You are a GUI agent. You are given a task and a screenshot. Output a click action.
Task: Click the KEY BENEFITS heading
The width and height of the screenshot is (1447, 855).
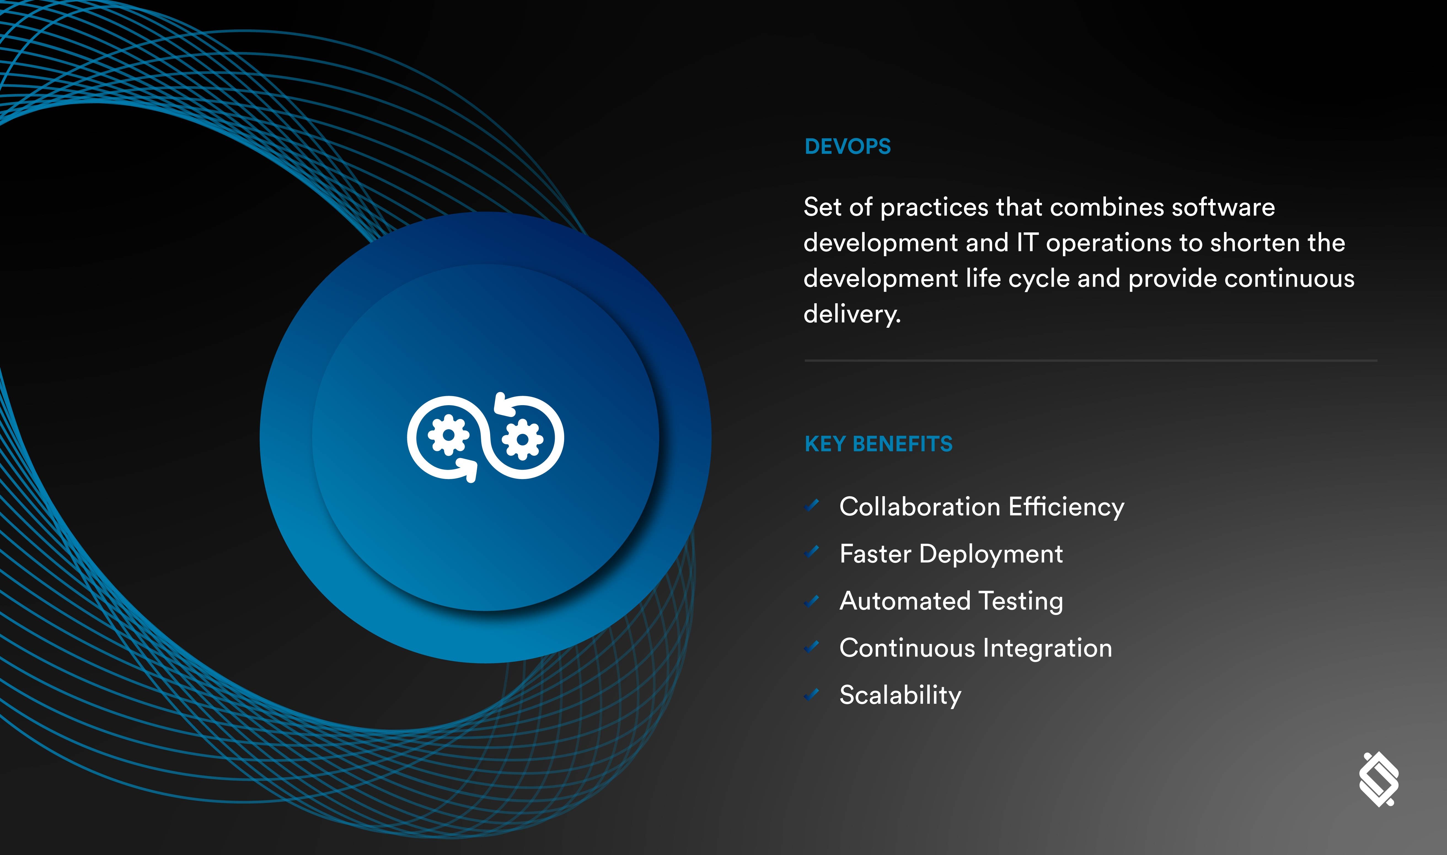[x=878, y=444]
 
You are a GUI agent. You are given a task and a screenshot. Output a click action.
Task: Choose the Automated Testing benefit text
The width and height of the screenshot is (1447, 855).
[x=951, y=601]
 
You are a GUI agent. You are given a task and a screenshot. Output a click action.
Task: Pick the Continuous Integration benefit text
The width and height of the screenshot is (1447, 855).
[x=975, y=648]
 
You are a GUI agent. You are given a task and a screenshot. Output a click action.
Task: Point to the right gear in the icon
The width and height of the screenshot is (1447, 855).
[x=522, y=440]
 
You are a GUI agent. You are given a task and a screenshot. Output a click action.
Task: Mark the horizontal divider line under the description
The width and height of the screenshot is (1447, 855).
[x=1090, y=361]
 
